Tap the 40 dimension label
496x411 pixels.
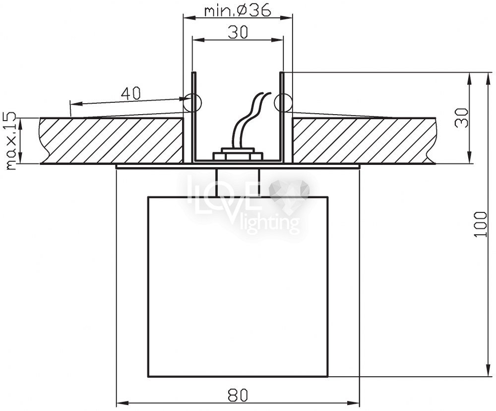130,93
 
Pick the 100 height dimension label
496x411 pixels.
481,224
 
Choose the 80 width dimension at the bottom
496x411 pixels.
238,395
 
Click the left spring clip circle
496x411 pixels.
193,102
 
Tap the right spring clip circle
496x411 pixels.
283,102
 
